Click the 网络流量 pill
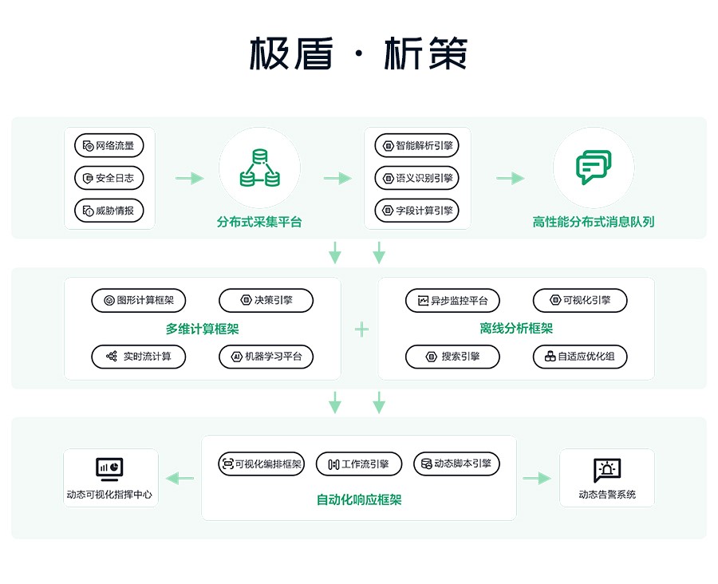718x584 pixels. click(x=109, y=146)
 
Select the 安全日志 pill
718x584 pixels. click(x=109, y=178)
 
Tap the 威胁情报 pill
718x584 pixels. click(x=109, y=211)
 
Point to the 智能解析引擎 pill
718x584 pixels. click(x=416, y=146)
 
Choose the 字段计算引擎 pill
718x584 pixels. click(x=416, y=211)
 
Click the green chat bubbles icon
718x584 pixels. click(x=594, y=168)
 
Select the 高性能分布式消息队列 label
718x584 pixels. click(x=594, y=222)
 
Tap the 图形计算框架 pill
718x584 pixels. click(x=139, y=301)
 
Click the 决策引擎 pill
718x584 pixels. click(x=266, y=301)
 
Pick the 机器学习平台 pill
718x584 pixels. click(x=266, y=357)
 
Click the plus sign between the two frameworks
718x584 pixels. click(x=361, y=329)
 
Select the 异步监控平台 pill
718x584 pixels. click(x=452, y=301)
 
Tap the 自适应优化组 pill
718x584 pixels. click(x=580, y=357)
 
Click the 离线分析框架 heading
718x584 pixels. click(x=516, y=329)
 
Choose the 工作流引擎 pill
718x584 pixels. click(x=359, y=464)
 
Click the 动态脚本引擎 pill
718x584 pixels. click(x=456, y=464)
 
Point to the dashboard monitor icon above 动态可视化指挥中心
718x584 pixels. click(x=109, y=469)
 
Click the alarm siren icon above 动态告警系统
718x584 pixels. click(x=607, y=470)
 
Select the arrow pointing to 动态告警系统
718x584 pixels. click(x=537, y=478)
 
